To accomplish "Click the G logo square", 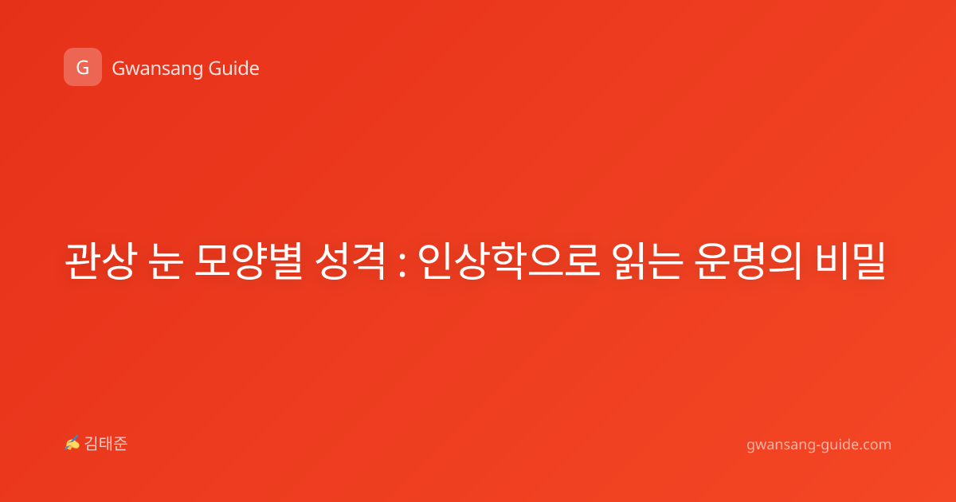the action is (x=83, y=67).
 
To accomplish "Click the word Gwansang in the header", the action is (x=157, y=69).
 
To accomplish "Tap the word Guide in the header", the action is (x=234, y=69).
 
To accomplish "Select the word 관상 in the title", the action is (x=101, y=261).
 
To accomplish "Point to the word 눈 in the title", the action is (x=167, y=261).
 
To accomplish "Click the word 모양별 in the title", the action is (x=249, y=261).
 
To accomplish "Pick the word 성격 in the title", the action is (x=350, y=261).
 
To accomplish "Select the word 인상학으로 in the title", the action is (x=509, y=261).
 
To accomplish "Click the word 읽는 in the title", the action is (x=647, y=261).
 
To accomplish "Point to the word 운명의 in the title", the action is (x=748, y=261).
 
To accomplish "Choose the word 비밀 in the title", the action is (x=850, y=261).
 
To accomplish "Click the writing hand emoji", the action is (x=72, y=443).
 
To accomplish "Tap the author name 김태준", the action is (x=106, y=444).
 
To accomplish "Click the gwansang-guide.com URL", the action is (x=819, y=445).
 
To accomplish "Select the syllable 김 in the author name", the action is (x=92, y=444).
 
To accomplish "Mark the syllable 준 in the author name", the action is (x=120, y=444).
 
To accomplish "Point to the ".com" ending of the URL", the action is (x=875, y=445).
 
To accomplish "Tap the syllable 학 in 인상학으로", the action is (x=508, y=261).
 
